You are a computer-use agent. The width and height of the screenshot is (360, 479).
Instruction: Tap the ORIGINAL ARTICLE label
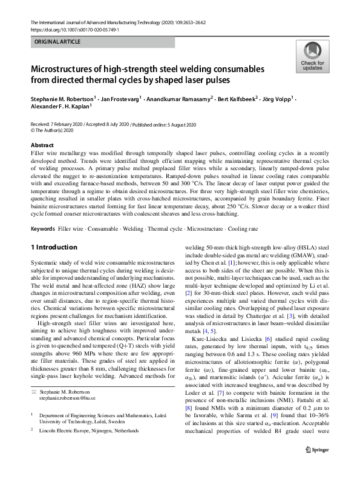pos(56,44)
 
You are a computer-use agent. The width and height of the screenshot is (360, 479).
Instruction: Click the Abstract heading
pos(44,146)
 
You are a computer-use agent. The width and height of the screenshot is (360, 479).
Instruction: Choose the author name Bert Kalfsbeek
pos(236,97)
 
